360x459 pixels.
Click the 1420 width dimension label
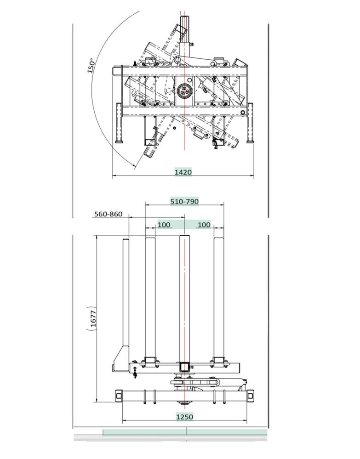pyautogui.click(x=183, y=172)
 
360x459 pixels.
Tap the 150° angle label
pyautogui.click(x=91, y=66)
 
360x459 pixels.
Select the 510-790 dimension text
pyautogui.click(x=184, y=201)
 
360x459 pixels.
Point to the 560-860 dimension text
pyautogui.click(x=108, y=214)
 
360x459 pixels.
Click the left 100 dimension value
pyautogui.click(x=164, y=225)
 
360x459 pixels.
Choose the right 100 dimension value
pyautogui.click(x=204, y=225)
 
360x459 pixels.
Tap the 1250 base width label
pyautogui.click(x=184, y=417)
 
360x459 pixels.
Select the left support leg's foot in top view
pyautogui.click(x=120, y=142)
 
